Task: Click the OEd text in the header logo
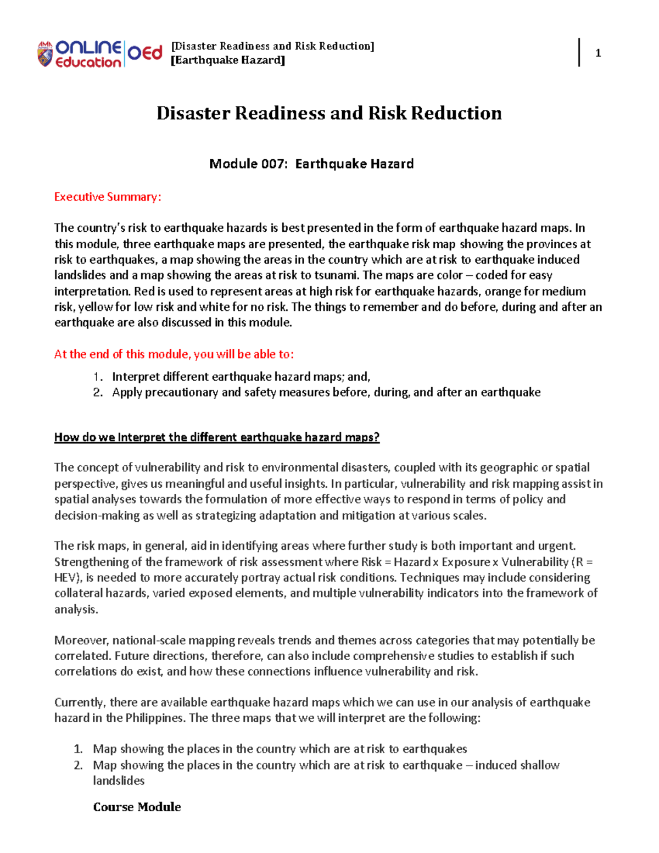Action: (x=145, y=53)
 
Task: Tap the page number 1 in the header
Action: (x=598, y=53)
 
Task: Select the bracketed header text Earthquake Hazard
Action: (x=228, y=60)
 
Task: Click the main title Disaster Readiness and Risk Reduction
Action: (x=329, y=113)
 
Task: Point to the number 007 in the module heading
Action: (x=272, y=164)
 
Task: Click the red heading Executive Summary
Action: (x=108, y=197)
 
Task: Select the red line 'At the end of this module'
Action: (x=174, y=354)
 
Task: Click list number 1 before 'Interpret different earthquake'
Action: (x=98, y=377)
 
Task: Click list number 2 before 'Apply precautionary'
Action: (x=98, y=392)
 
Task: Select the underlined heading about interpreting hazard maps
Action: (x=217, y=437)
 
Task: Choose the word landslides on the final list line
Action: (x=119, y=780)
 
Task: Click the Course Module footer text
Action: (x=137, y=807)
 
